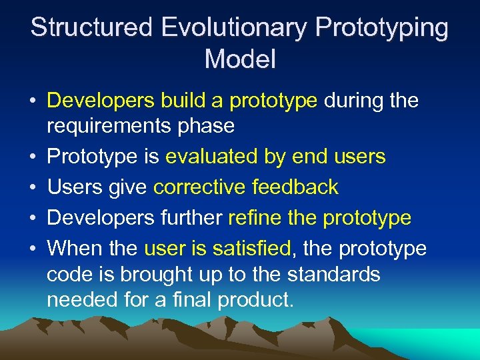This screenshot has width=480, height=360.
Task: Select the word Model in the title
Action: tap(240, 59)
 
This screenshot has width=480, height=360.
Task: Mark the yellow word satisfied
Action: tap(254, 249)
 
